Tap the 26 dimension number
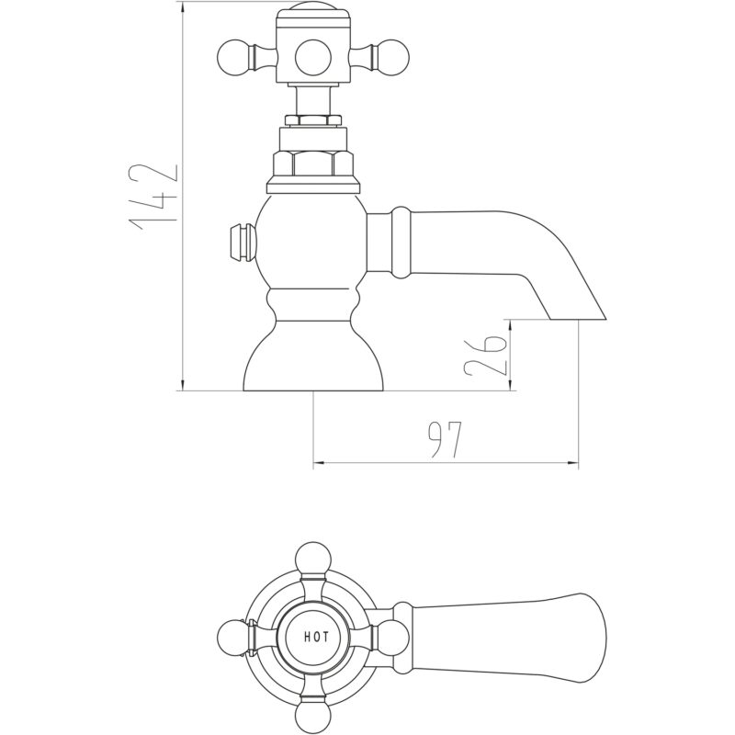click(486, 356)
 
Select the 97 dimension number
click(445, 440)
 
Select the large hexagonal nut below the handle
click(312, 164)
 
